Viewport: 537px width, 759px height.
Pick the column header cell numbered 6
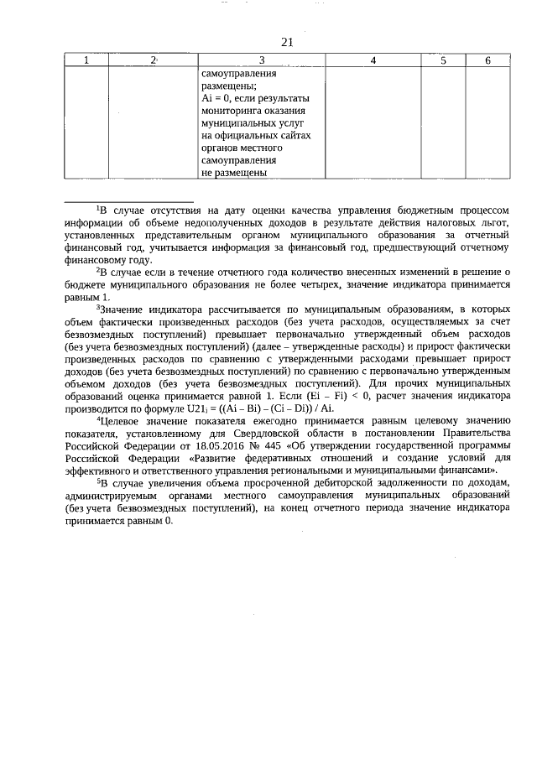(488, 60)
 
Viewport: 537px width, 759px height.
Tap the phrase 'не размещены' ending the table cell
(234, 174)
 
